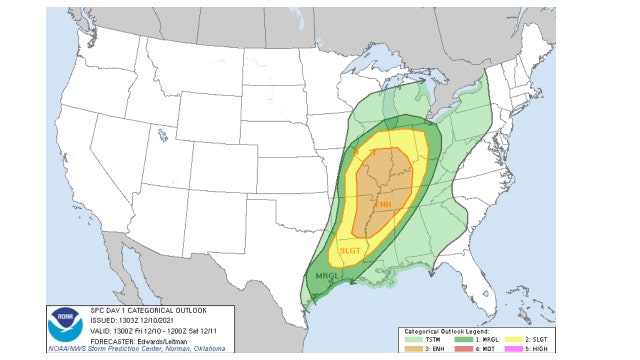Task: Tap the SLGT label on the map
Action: [x=351, y=250]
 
